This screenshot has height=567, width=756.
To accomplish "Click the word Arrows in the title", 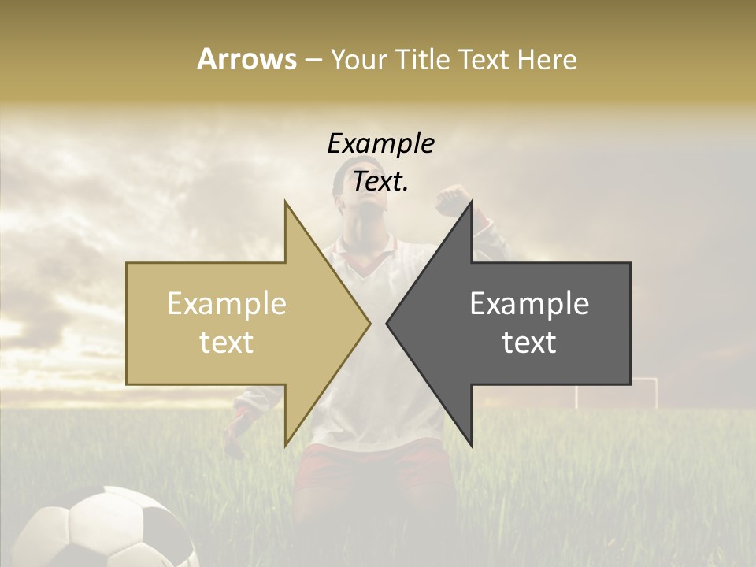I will (x=247, y=59).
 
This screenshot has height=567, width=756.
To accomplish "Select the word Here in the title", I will (x=547, y=59).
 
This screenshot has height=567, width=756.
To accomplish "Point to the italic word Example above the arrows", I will (x=381, y=144).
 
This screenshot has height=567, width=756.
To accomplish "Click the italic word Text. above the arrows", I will (x=381, y=182).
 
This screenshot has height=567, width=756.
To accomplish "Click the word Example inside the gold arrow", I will (x=227, y=304).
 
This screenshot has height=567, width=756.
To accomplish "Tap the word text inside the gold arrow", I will (x=227, y=343).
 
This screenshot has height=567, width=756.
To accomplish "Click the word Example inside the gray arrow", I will (x=529, y=304).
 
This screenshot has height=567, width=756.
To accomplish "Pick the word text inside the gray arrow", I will (x=529, y=343).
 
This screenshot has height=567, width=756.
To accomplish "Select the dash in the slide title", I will (x=313, y=60).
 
